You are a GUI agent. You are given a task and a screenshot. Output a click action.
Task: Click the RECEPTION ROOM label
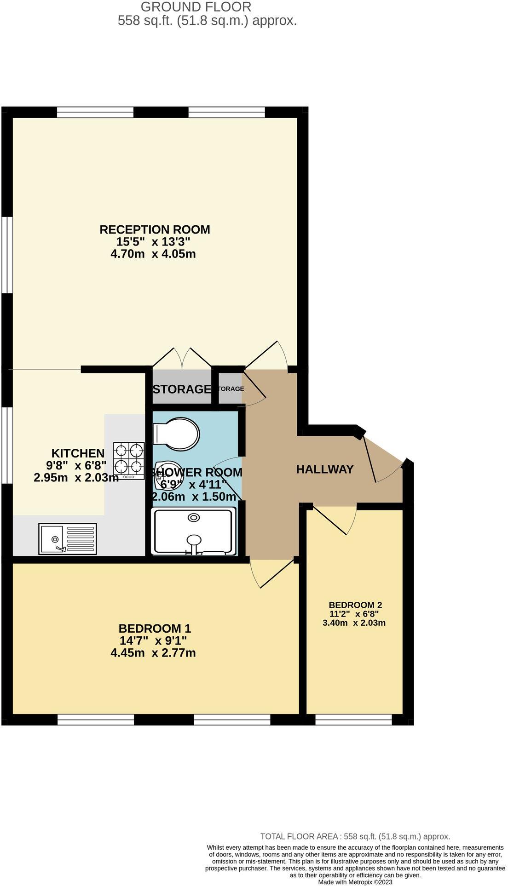pos(155,229)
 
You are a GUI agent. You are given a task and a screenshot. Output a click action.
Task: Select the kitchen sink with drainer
pos(68,539)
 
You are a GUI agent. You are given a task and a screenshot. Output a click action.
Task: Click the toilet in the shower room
pos(177,433)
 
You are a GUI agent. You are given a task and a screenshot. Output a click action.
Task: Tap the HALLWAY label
pos(325,469)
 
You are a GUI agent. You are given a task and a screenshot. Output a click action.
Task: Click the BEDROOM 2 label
pos(355,605)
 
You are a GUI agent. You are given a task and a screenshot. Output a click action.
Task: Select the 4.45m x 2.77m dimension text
pos(153,653)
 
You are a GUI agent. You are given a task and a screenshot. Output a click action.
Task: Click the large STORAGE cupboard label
pos(181,389)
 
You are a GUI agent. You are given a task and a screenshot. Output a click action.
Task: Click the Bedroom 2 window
pos(353,720)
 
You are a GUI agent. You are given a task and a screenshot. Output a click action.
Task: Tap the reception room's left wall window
pos(6,254)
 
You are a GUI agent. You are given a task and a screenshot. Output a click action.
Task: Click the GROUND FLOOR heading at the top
pos(196,7)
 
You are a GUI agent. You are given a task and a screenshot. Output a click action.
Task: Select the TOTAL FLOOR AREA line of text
pos(355,837)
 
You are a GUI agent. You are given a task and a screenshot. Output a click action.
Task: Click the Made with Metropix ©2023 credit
pos(355,882)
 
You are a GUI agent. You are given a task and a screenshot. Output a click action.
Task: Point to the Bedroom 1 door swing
pos(271,573)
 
